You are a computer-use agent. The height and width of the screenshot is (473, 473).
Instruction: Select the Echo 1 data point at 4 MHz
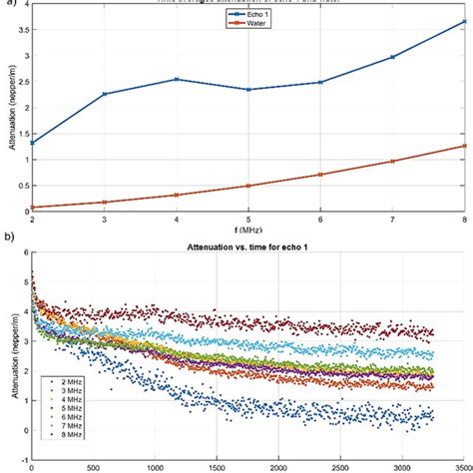coord(177,79)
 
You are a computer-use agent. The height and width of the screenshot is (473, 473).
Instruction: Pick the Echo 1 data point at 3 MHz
coord(105,94)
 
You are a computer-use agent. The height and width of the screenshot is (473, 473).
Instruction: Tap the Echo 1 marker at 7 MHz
coord(392,57)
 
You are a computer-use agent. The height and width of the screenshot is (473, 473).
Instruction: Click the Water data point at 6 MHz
coord(320,174)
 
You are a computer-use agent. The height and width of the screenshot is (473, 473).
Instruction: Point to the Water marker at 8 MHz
coord(464,146)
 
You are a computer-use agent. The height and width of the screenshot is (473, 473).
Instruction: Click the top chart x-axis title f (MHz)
coord(248,229)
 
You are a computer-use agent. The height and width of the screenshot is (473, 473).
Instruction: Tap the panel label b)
coord(7,240)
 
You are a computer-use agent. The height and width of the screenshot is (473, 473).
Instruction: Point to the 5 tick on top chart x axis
coord(248,218)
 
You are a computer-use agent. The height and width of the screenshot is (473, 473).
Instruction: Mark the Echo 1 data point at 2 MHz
coord(33,143)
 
